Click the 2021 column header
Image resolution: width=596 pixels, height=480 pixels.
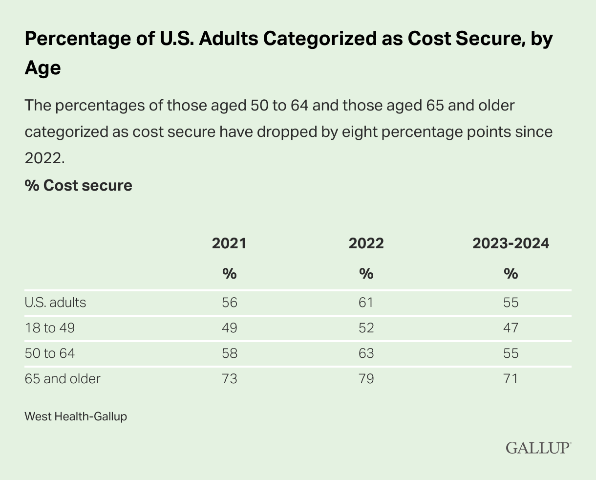click(x=229, y=243)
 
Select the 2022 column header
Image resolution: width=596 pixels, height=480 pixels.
click(x=366, y=243)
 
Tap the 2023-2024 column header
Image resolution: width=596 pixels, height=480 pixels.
click(x=511, y=243)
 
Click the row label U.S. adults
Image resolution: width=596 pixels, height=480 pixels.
click(x=55, y=303)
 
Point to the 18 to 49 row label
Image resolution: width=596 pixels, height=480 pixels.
click(x=50, y=328)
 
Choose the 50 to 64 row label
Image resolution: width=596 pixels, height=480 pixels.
click(x=50, y=353)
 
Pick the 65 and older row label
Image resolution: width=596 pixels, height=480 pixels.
click(x=63, y=379)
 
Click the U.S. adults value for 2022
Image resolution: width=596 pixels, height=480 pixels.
click(x=366, y=303)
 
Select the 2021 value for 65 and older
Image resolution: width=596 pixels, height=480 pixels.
click(x=229, y=379)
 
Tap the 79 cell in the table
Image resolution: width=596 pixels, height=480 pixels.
click(x=366, y=379)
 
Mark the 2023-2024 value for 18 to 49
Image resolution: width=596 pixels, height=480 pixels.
click(x=511, y=328)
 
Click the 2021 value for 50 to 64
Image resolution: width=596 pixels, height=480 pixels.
click(x=229, y=353)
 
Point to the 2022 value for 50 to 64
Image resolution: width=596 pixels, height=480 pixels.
click(x=366, y=353)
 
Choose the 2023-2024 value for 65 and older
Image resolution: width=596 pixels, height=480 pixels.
click(x=511, y=379)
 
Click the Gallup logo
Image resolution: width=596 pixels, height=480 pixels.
click(x=538, y=448)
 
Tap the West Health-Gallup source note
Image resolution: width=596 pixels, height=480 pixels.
click(x=76, y=417)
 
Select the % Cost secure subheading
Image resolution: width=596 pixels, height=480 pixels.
click(x=78, y=186)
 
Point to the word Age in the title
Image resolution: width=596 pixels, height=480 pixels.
click(x=43, y=67)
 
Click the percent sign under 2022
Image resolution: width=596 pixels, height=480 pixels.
click(x=366, y=274)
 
